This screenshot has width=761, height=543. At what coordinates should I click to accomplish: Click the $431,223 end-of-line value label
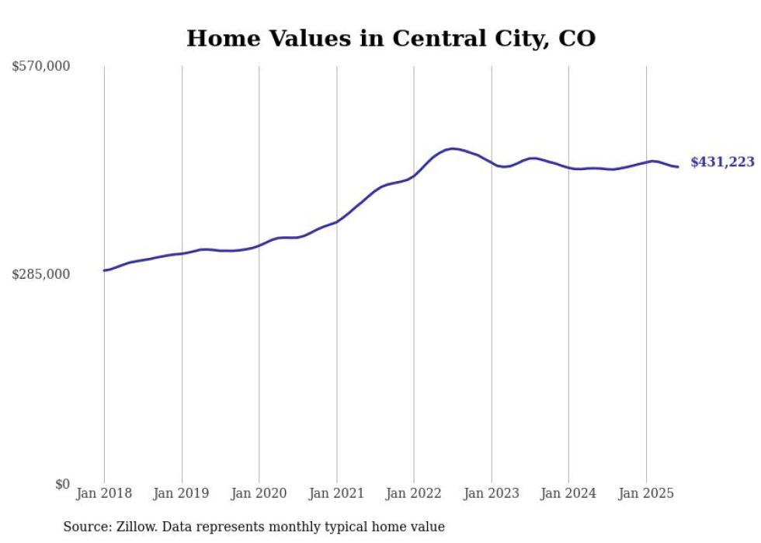click(x=721, y=162)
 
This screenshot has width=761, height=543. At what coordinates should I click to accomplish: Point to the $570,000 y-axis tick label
click(x=40, y=67)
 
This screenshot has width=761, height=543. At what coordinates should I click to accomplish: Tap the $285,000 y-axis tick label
click(x=40, y=274)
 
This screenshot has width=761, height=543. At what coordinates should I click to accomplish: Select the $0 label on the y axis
click(x=62, y=484)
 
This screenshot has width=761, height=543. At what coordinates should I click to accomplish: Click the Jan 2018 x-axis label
click(x=104, y=493)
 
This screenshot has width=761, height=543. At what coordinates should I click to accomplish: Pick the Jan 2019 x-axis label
click(x=182, y=493)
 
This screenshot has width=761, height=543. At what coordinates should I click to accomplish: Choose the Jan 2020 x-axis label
click(x=259, y=493)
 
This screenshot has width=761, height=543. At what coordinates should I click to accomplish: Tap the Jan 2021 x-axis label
click(x=336, y=493)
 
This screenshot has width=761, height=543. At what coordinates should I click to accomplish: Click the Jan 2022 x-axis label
click(x=414, y=493)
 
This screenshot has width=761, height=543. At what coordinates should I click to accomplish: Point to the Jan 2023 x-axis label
click(x=492, y=493)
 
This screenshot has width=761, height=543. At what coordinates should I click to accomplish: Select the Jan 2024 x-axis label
click(x=568, y=493)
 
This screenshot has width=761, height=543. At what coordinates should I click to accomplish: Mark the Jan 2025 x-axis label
click(x=646, y=493)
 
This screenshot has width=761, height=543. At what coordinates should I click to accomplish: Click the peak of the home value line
click(x=452, y=148)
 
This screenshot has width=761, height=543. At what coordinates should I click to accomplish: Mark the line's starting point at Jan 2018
click(x=104, y=270)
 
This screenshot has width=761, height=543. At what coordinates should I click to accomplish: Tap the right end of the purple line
click(x=678, y=166)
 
